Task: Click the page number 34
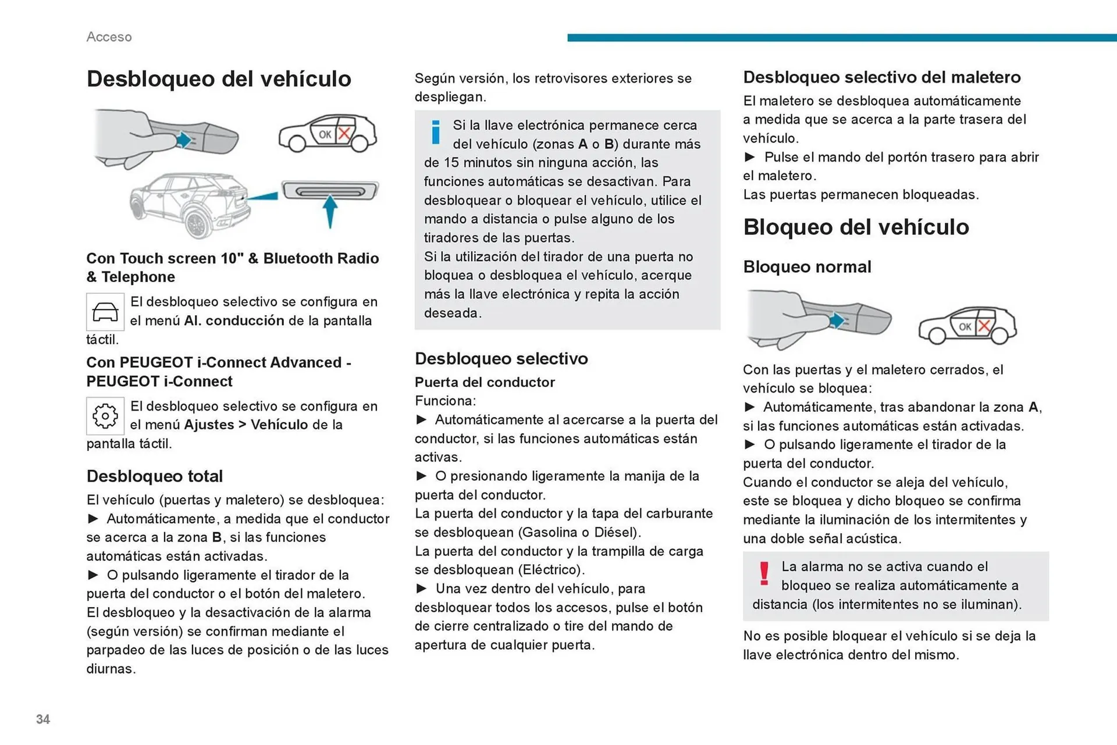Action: [43, 719]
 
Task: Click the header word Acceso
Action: [109, 37]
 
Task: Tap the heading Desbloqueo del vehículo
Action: [219, 79]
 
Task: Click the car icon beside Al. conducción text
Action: [105, 312]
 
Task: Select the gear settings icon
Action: [105, 416]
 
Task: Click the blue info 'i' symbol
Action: [435, 132]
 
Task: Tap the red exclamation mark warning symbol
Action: [764, 573]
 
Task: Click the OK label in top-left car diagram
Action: [325, 134]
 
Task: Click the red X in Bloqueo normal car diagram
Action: [984, 326]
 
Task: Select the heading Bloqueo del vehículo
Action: [856, 227]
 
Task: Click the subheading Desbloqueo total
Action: [154, 476]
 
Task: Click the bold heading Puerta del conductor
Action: [485, 382]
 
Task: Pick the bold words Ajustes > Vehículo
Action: [246, 425]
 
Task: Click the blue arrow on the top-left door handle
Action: [184, 140]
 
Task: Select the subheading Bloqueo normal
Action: [807, 267]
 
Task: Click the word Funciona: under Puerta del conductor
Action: [445, 401]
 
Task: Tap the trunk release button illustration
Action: [330, 191]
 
